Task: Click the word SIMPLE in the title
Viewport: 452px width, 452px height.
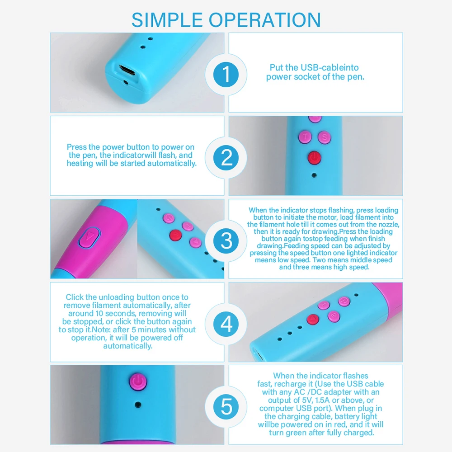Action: coord(167,20)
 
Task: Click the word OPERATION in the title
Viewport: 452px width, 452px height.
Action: coord(264,20)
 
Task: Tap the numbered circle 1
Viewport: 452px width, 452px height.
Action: coord(226,75)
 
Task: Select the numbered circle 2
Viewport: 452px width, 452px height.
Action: coord(226,158)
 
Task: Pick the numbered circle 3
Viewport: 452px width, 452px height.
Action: coord(226,241)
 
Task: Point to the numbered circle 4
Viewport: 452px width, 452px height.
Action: coord(226,324)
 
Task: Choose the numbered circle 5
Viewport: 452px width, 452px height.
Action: coord(226,407)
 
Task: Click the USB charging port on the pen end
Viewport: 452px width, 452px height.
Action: coord(127,70)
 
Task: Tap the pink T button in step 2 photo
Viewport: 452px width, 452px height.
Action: coord(305,137)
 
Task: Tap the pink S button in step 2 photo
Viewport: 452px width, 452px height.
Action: coord(324,137)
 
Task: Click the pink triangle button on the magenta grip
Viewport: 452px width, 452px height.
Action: coord(89,237)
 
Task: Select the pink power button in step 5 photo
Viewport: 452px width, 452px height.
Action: coord(138,381)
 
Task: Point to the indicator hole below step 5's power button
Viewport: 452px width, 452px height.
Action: coord(138,405)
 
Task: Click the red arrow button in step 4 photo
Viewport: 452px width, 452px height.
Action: coord(313,320)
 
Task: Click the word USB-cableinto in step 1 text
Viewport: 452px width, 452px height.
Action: coord(330,67)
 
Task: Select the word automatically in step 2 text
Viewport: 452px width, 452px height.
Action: coord(172,164)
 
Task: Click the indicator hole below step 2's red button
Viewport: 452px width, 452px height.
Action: coord(314,175)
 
